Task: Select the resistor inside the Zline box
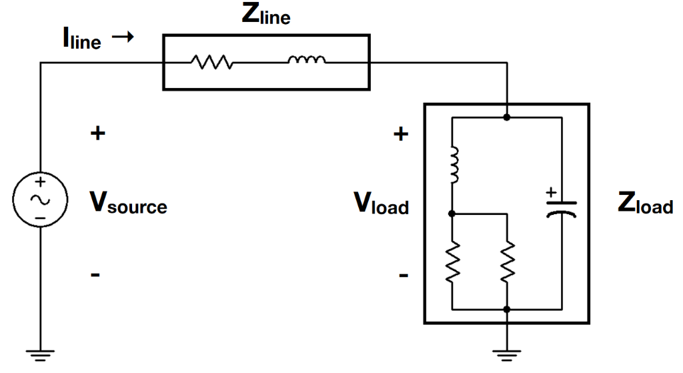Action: tap(211, 63)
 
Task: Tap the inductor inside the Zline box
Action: tap(307, 62)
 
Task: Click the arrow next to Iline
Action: tap(123, 38)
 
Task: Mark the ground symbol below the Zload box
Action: tap(508, 354)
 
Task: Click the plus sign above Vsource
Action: tap(97, 133)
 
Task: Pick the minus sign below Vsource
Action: tap(96, 274)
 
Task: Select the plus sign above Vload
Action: tap(400, 134)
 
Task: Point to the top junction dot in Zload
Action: tap(508, 117)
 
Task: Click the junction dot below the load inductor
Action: tap(453, 214)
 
